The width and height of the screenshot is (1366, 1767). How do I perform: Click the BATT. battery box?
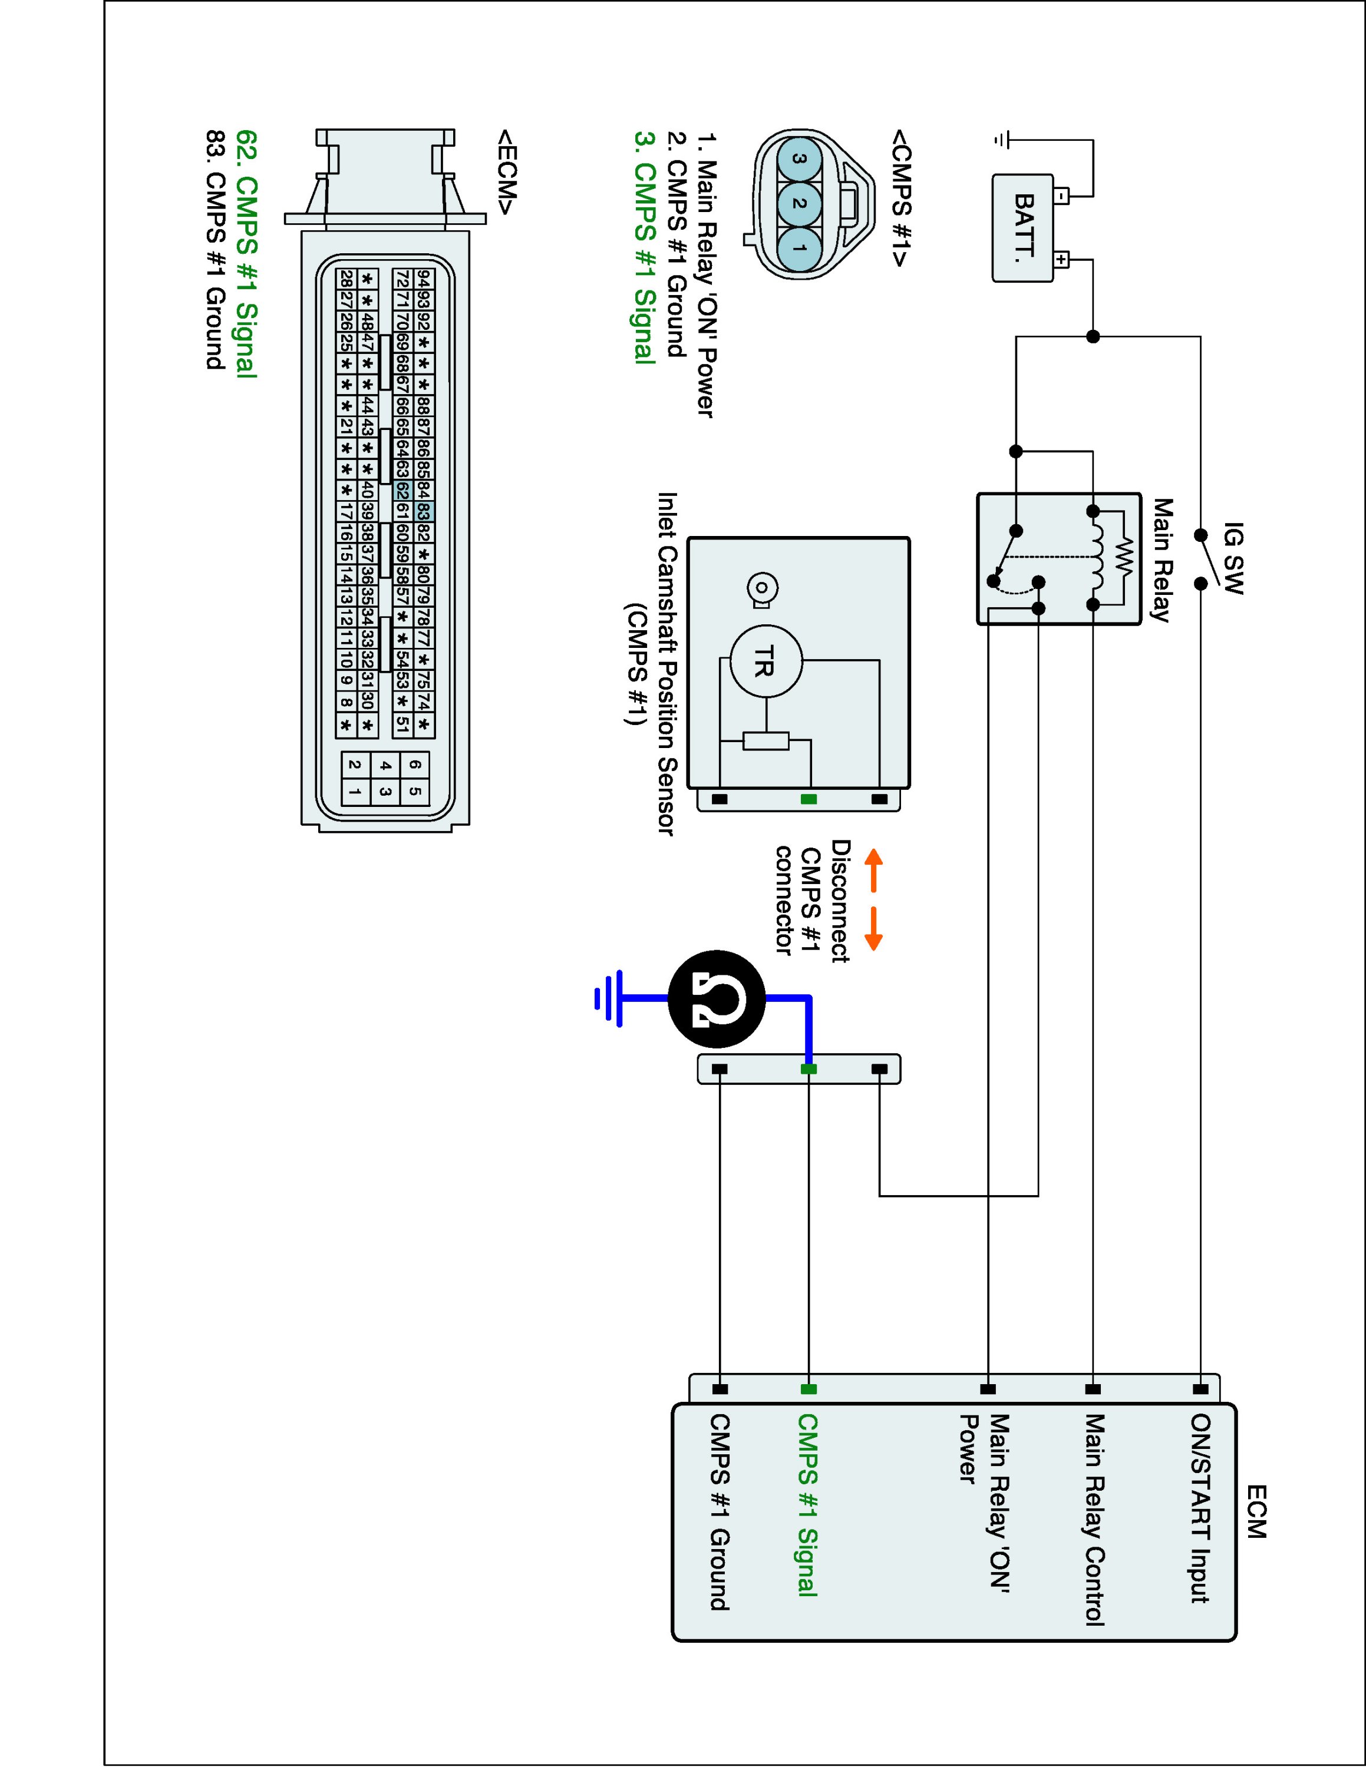pyautogui.click(x=1023, y=228)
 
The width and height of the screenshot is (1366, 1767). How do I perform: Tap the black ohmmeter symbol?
pyautogui.click(x=717, y=999)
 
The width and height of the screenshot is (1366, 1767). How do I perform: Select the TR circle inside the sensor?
pyautogui.click(x=766, y=661)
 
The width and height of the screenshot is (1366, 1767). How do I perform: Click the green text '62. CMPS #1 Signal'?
pyautogui.click(x=246, y=254)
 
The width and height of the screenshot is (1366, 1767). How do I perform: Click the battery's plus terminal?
pyautogui.click(x=1061, y=260)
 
